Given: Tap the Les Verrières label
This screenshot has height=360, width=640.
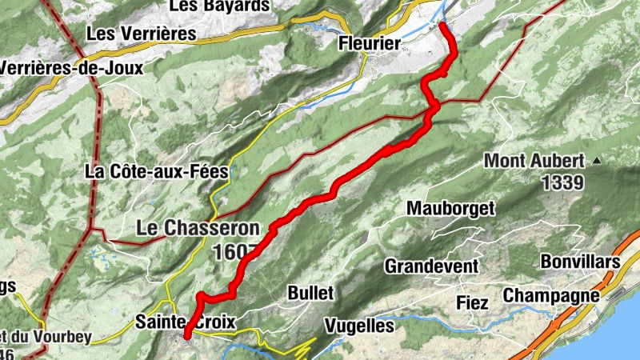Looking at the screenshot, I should point(142,34).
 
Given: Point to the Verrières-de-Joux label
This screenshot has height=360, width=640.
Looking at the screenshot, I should point(70,68).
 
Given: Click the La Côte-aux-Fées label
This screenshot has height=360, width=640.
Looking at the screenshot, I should point(157,171).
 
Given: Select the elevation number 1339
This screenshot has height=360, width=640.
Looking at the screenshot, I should point(563,182).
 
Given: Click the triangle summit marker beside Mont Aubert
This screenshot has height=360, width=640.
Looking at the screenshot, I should point(596,161).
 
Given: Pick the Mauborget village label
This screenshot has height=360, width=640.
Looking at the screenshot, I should point(450,209).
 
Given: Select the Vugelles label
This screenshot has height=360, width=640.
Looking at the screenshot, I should point(359,326).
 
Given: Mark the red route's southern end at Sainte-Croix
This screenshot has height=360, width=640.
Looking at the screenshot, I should point(186,336).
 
